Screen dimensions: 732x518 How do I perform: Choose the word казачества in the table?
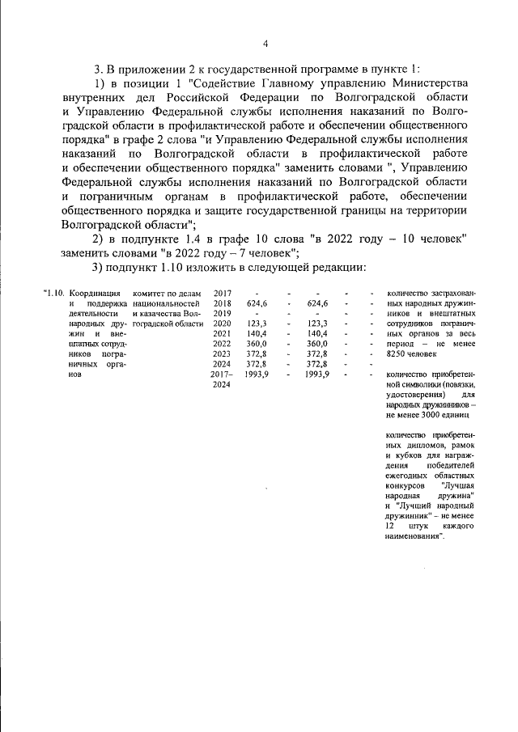click(159, 312)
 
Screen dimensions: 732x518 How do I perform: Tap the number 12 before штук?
click(392, 527)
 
